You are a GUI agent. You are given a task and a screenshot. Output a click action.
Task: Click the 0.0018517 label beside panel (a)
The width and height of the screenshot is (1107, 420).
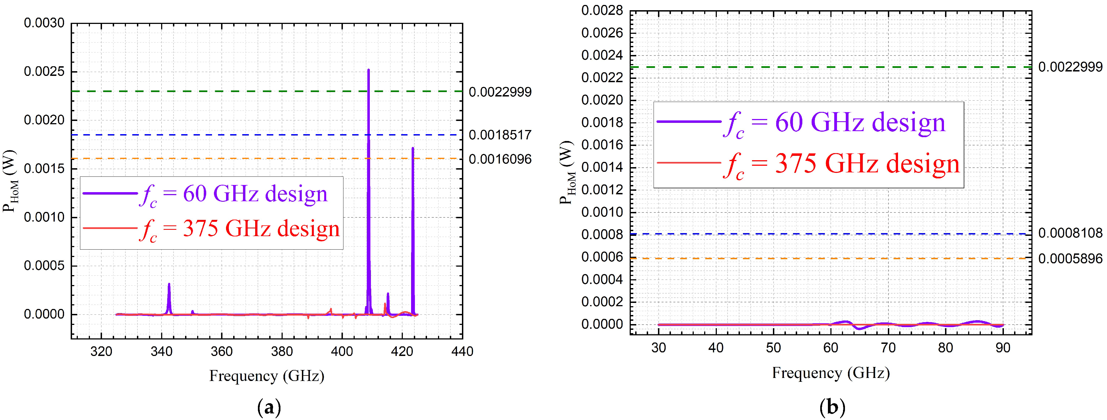point(500,135)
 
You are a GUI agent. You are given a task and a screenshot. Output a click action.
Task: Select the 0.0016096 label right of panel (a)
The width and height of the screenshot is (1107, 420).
point(500,159)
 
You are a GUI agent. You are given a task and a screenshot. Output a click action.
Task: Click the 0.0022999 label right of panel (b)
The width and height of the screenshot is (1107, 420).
point(1070,67)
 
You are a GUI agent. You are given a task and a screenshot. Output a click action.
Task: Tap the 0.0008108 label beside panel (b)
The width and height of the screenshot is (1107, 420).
point(1070,233)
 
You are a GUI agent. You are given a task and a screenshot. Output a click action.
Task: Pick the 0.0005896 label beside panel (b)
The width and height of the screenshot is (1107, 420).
point(1070,259)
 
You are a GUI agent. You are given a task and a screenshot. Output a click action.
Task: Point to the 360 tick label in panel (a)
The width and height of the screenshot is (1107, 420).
point(221,351)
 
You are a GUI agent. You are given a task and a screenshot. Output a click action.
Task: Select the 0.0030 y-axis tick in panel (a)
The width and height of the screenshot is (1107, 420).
point(44,23)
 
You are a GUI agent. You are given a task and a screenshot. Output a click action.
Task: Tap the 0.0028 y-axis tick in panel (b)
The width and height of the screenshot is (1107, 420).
point(602,11)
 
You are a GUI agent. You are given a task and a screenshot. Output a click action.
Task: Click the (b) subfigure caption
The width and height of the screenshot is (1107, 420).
point(832,406)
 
